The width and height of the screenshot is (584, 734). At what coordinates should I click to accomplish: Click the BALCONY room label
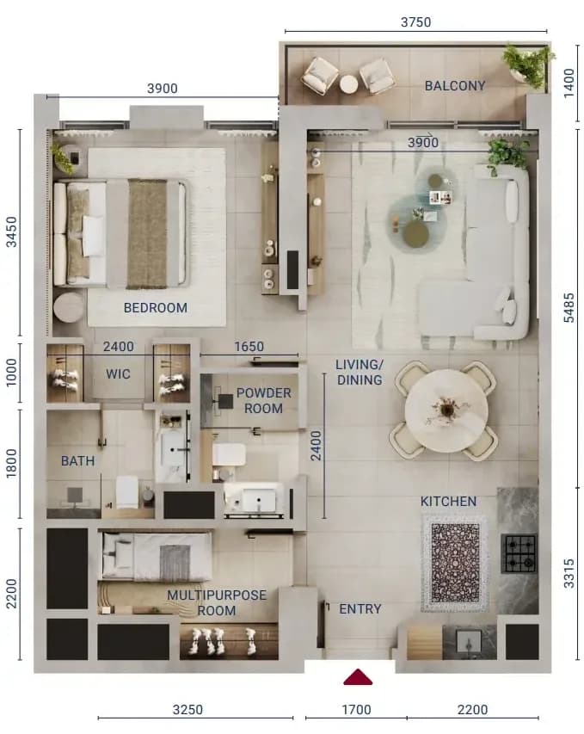[454, 86]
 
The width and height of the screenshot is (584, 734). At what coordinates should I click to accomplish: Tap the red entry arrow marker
[358, 677]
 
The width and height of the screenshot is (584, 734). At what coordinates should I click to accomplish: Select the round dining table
[446, 411]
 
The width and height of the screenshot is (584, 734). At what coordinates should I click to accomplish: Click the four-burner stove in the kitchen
[519, 554]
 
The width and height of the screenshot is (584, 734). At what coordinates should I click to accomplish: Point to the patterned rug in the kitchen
[455, 563]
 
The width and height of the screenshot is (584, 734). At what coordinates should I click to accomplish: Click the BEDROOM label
[156, 307]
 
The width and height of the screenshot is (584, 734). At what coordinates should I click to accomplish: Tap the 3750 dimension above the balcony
[415, 22]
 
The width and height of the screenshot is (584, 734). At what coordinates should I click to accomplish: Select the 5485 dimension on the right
[569, 307]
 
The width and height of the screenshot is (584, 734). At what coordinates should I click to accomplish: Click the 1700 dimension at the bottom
[357, 710]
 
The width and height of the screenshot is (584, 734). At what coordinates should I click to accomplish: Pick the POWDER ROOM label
[263, 401]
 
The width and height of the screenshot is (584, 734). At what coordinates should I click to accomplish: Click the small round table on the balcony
[348, 84]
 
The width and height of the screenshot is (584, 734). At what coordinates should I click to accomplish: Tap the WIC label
[118, 374]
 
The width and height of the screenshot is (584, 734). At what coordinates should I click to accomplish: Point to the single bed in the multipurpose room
[157, 556]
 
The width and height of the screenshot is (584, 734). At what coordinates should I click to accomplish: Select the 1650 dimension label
[249, 347]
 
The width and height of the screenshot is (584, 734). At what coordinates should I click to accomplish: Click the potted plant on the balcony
[528, 65]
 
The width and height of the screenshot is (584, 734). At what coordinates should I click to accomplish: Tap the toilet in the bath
[126, 492]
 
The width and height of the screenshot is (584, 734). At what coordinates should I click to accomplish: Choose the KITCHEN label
[448, 502]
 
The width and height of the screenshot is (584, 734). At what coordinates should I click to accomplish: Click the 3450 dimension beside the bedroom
[11, 231]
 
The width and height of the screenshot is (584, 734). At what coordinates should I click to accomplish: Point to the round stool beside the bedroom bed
[69, 307]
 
